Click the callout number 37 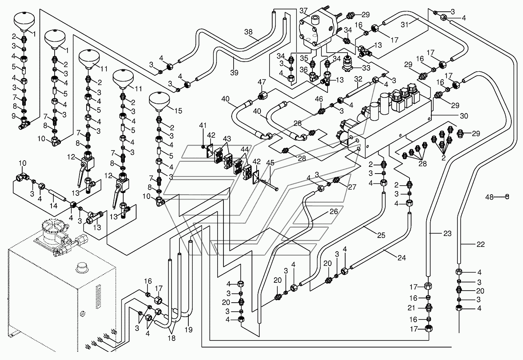click(304, 11)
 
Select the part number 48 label click(489, 197)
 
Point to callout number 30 click(464, 116)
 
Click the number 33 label click(366, 68)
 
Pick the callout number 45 click(270, 163)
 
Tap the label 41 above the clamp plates click(203, 125)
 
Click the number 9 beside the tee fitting click(14, 116)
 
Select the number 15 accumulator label click(178, 111)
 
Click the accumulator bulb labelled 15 click(160, 103)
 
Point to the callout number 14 click(53, 206)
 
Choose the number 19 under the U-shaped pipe click(188, 330)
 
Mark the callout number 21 click(411, 308)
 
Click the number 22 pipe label click(480, 244)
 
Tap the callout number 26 click(334, 211)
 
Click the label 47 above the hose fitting click(262, 82)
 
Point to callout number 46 click(319, 99)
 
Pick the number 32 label click(358, 79)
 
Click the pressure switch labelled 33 click(349, 63)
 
